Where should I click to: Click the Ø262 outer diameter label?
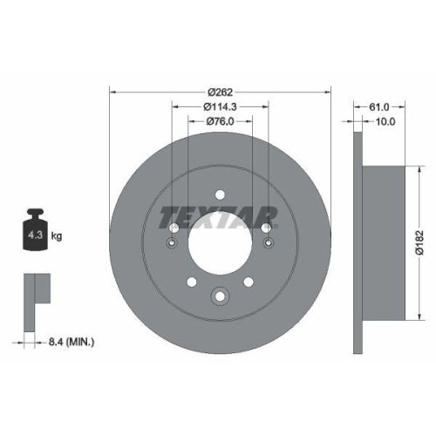click(x=220, y=91)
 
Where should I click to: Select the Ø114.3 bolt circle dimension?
click(x=220, y=106)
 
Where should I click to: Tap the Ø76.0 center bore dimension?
click(x=220, y=121)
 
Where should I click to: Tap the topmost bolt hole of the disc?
click(x=219, y=194)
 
